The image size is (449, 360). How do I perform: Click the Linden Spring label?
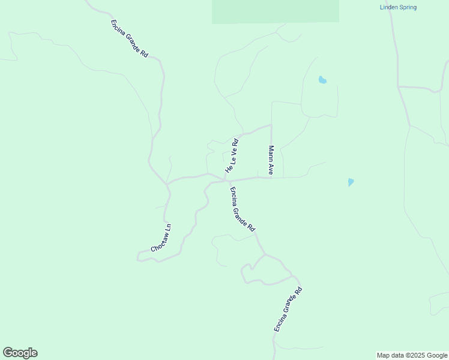point(398,7)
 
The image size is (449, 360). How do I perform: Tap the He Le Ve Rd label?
point(232,157)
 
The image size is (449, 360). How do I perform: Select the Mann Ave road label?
point(271,160)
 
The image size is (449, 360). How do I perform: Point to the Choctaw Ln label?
point(161,238)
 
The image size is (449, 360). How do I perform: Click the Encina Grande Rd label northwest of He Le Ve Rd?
point(129,38)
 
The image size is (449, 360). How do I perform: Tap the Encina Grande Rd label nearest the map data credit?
point(288,310)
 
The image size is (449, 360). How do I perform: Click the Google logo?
point(20,353)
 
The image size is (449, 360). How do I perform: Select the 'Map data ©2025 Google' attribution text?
point(412,355)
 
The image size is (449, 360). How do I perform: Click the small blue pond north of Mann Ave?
point(322,80)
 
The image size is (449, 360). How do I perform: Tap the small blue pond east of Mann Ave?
point(351,182)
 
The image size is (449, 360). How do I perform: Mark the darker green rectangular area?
point(275,11)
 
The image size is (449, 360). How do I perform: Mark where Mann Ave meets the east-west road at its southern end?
point(272,177)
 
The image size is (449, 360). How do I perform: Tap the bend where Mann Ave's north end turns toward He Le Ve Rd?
point(271,125)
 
